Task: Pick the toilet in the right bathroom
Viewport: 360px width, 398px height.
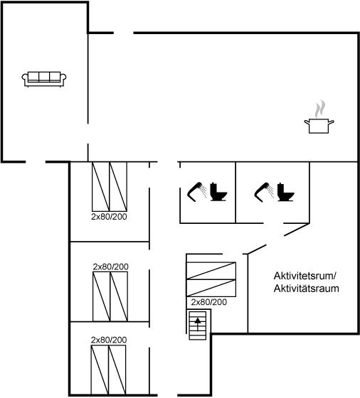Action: pyautogui.click(x=287, y=191)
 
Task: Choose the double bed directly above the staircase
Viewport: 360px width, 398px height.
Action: pyautogui.click(x=211, y=279)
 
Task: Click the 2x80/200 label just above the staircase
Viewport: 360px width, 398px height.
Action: pyautogui.click(x=208, y=303)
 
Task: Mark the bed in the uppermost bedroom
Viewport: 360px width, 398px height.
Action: pyautogui.click(x=109, y=186)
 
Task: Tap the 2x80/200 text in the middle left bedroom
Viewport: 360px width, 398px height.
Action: pyautogui.click(x=110, y=267)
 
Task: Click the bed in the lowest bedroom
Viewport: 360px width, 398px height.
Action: pyautogui.click(x=108, y=370)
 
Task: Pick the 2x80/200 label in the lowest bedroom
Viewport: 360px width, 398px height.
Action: pyautogui.click(x=109, y=340)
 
